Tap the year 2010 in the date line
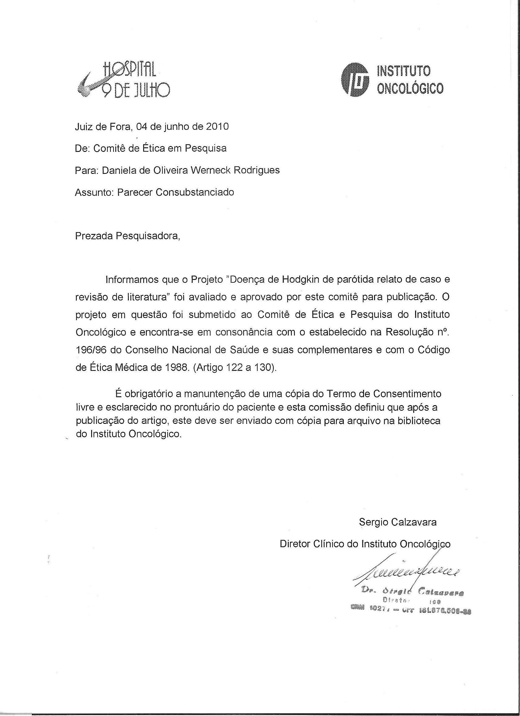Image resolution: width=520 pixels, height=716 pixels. tap(217, 126)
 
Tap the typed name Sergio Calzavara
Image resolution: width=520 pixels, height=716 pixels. tap(398, 522)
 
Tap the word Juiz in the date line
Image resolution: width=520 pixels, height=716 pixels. tap(83, 126)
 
